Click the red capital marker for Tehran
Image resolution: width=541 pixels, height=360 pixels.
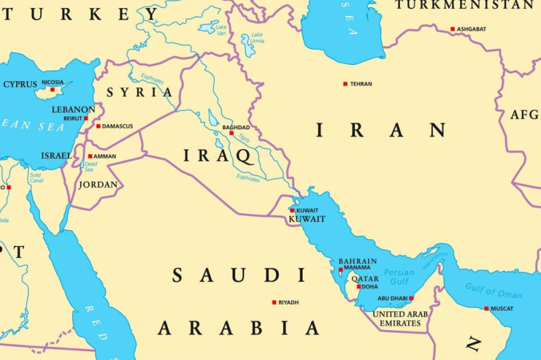pyautogui.click(x=345, y=84)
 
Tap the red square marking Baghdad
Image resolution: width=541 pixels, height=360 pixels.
pyautogui.click(x=231, y=133)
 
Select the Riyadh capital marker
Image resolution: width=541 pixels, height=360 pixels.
pyautogui.click(x=274, y=302)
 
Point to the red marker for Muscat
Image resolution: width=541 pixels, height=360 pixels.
pyautogui.click(x=486, y=308)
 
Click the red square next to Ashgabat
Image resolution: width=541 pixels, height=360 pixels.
pyautogui.click(x=453, y=29)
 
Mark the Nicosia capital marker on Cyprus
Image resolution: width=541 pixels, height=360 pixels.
pyautogui.click(x=52, y=90)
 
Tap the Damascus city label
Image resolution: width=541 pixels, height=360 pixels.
pyautogui.click(x=117, y=126)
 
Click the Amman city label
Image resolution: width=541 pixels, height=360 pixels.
pyautogui.click(x=105, y=156)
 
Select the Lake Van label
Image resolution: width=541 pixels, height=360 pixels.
pyautogui.click(x=221, y=29)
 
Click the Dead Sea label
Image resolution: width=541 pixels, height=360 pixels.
pyautogui.click(x=90, y=166)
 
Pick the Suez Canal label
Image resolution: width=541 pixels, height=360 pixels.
pyautogui.click(x=36, y=177)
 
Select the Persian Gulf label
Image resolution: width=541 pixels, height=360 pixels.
pyautogui.click(x=399, y=276)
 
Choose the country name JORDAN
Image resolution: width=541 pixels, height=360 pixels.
pyautogui.click(x=98, y=185)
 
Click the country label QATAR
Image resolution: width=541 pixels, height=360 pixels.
pyautogui.click(x=365, y=279)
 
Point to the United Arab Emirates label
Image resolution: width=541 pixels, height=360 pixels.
pyautogui.click(x=400, y=319)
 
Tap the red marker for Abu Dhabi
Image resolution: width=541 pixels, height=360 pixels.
pyautogui.click(x=411, y=298)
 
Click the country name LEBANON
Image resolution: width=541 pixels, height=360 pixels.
pyautogui.click(x=73, y=109)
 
